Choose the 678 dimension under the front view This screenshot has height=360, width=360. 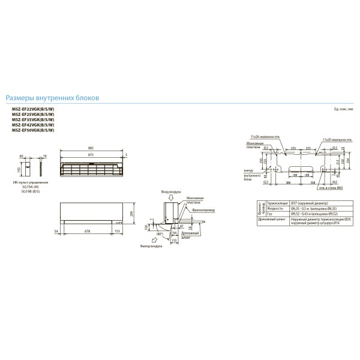point(88,230)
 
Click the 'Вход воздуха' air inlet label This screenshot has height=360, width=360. point(170,192)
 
